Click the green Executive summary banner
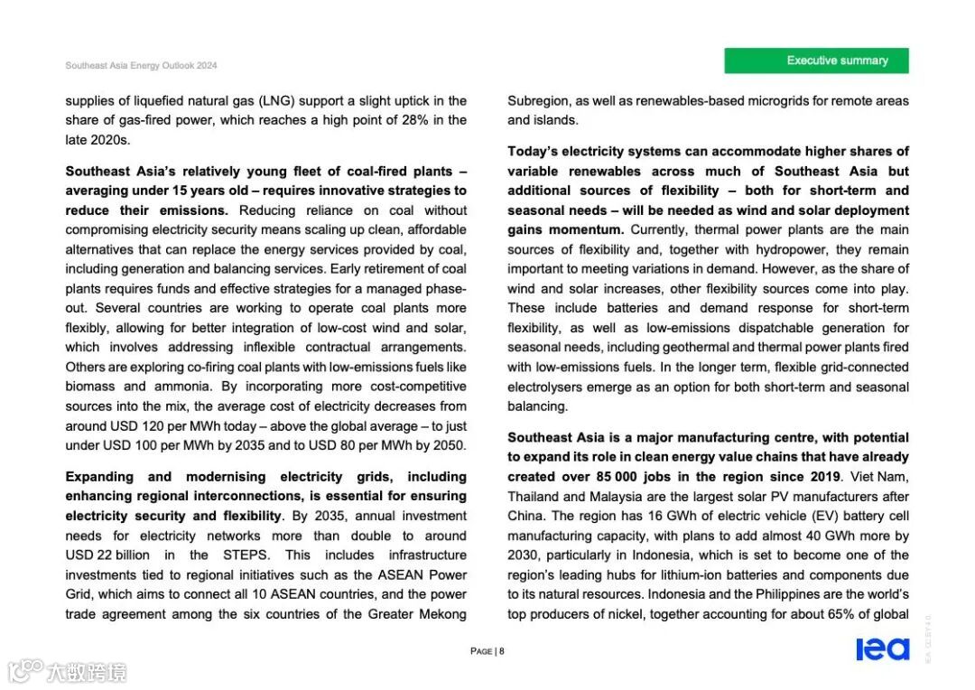tap(816, 61)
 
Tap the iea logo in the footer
tap(882, 649)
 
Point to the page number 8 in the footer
tap(502, 651)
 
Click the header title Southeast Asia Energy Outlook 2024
tap(141, 66)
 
